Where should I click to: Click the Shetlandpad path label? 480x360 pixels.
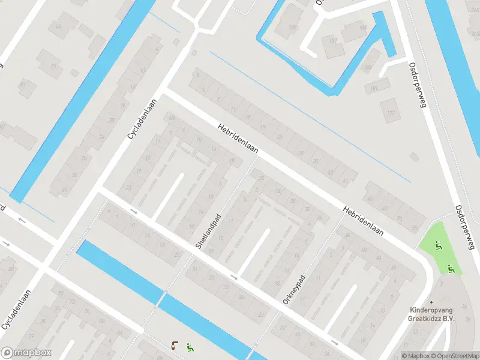point(209,231)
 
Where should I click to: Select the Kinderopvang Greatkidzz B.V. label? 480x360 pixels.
point(431,314)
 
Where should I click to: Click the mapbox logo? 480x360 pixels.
point(26,353)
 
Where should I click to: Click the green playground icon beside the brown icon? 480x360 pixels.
point(190,346)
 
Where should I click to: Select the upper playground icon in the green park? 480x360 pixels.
point(438,245)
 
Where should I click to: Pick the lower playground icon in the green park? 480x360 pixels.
point(451,269)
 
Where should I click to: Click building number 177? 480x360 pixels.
point(391,113)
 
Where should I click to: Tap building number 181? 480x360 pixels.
point(374,89)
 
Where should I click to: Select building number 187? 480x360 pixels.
point(294,28)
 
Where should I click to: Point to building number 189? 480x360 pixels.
point(367,68)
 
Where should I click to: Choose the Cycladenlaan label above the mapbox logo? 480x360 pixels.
point(17,308)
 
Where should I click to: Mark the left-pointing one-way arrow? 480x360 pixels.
point(23,220)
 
